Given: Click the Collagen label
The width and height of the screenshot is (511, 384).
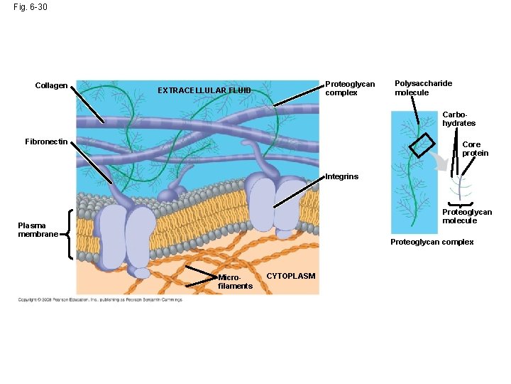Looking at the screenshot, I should click(51, 86).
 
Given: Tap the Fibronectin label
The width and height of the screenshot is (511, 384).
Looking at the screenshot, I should click(46, 142).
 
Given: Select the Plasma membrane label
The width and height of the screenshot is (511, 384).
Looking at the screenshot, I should click(38, 230).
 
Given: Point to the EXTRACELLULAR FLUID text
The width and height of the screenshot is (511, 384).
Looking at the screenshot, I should click(204, 90).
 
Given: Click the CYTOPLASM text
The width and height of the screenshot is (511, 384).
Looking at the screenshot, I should click(290, 276).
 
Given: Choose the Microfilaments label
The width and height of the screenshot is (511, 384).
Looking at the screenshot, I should click(235, 282).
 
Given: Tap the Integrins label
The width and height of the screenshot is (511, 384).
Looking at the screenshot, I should click(341, 176).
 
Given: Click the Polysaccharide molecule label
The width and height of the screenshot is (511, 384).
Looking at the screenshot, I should click(423, 87).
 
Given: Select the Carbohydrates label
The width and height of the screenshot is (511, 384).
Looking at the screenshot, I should click(458, 119).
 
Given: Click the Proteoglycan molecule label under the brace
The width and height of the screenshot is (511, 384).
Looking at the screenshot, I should click(466, 216).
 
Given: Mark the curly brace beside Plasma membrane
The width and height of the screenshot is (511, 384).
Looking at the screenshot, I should click(67, 233).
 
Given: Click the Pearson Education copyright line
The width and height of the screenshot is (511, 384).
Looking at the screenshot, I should click(100, 299).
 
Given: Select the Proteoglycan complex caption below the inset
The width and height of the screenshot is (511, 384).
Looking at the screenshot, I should click(432, 242).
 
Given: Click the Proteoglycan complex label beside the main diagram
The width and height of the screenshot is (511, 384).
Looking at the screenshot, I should click(349, 88).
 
